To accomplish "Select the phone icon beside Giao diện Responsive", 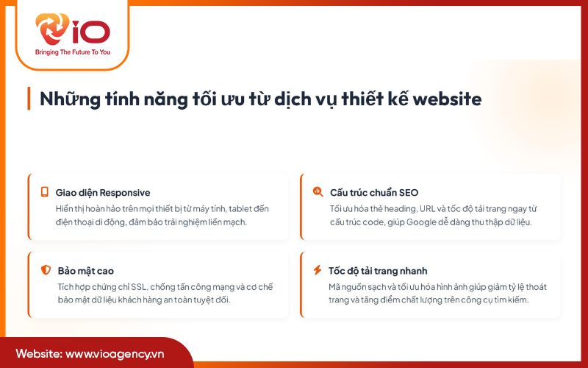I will click(x=44, y=192).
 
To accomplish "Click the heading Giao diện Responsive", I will click(x=102, y=193).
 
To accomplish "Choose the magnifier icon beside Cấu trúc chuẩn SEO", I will click(x=318, y=192).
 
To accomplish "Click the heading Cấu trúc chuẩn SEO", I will click(x=373, y=193).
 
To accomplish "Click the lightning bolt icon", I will click(x=318, y=270).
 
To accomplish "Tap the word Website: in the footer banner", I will click(x=38, y=353).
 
